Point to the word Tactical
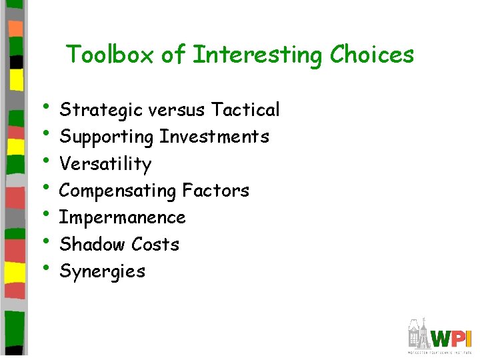[245, 109]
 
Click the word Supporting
[107, 137]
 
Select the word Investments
[214, 137]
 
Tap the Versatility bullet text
[105, 164]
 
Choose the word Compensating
[118, 191]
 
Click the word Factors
[215, 191]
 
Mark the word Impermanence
[122, 218]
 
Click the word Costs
[155, 245]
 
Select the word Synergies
[102, 272]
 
